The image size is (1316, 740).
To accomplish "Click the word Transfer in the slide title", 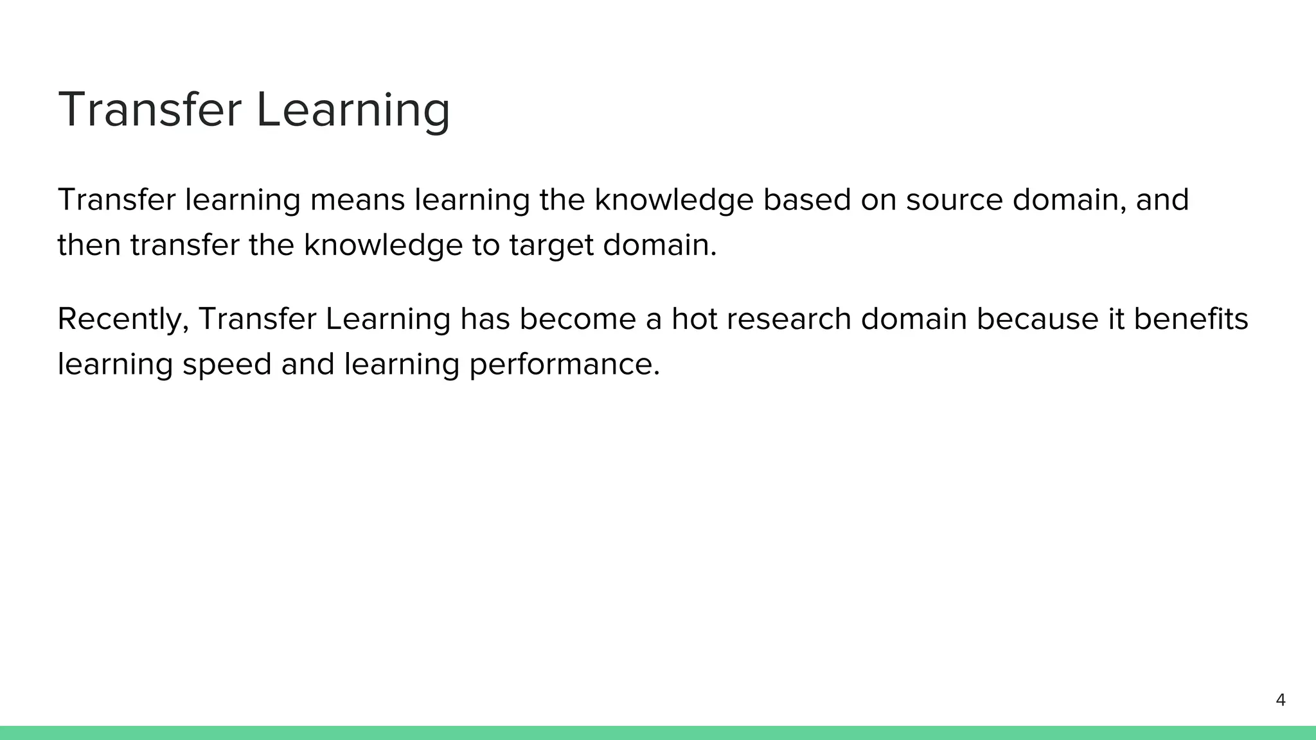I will coord(149,110).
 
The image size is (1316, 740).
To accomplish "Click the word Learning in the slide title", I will coord(353,110).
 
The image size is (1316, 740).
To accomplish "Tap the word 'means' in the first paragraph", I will coord(357,200).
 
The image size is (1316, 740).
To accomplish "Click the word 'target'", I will coord(551,246).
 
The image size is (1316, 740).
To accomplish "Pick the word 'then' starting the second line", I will coord(89,246).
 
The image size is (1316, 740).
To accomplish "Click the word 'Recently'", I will coord(123,319).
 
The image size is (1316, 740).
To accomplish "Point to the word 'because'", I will coord(1037,319).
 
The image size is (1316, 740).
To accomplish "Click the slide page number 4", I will coord(1280,700).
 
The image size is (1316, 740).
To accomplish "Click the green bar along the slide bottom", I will coord(658,733).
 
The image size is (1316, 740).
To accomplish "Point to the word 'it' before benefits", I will coord(1116,319).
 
